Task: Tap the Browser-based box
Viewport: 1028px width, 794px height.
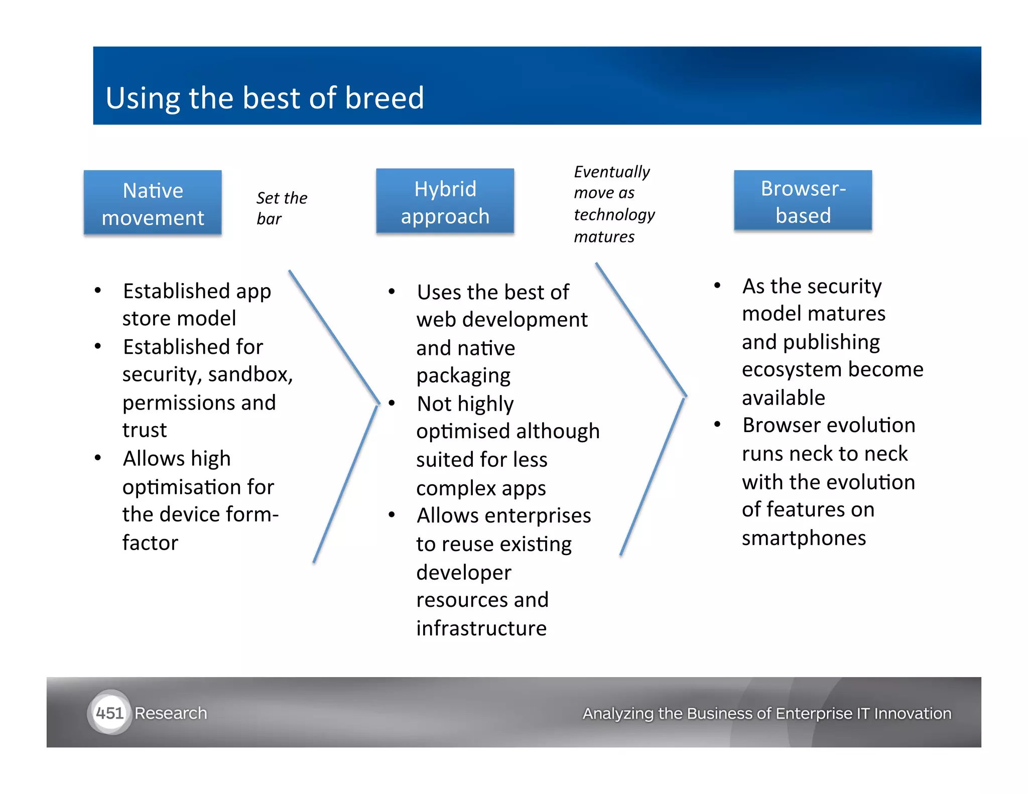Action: click(x=803, y=201)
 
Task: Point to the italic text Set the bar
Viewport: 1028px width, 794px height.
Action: click(x=281, y=208)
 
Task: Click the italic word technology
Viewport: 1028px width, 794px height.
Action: click(x=614, y=215)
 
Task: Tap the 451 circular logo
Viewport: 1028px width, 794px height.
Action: click(x=109, y=713)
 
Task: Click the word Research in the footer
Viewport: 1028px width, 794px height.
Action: click(x=171, y=713)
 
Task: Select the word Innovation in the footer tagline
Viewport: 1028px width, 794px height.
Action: click(x=912, y=713)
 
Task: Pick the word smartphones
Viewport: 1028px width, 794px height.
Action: click(x=804, y=538)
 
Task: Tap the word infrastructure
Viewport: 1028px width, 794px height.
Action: click(x=481, y=628)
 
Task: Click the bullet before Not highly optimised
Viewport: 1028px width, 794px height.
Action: click(x=392, y=403)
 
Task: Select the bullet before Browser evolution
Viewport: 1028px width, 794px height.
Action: click(x=717, y=425)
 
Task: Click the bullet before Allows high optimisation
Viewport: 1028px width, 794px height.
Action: click(x=98, y=458)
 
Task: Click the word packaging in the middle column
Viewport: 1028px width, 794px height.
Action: click(x=463, y=376)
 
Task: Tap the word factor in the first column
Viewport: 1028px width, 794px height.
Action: click(x=150, y=543)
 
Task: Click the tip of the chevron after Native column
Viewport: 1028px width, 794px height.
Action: click(x=378, y=403)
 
